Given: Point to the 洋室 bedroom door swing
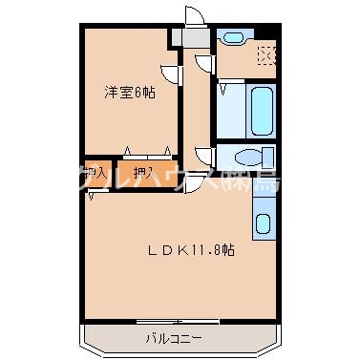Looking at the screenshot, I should [169, 73].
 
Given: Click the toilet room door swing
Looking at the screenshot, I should [202, 155].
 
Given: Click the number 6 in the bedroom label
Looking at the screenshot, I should [138, 93].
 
